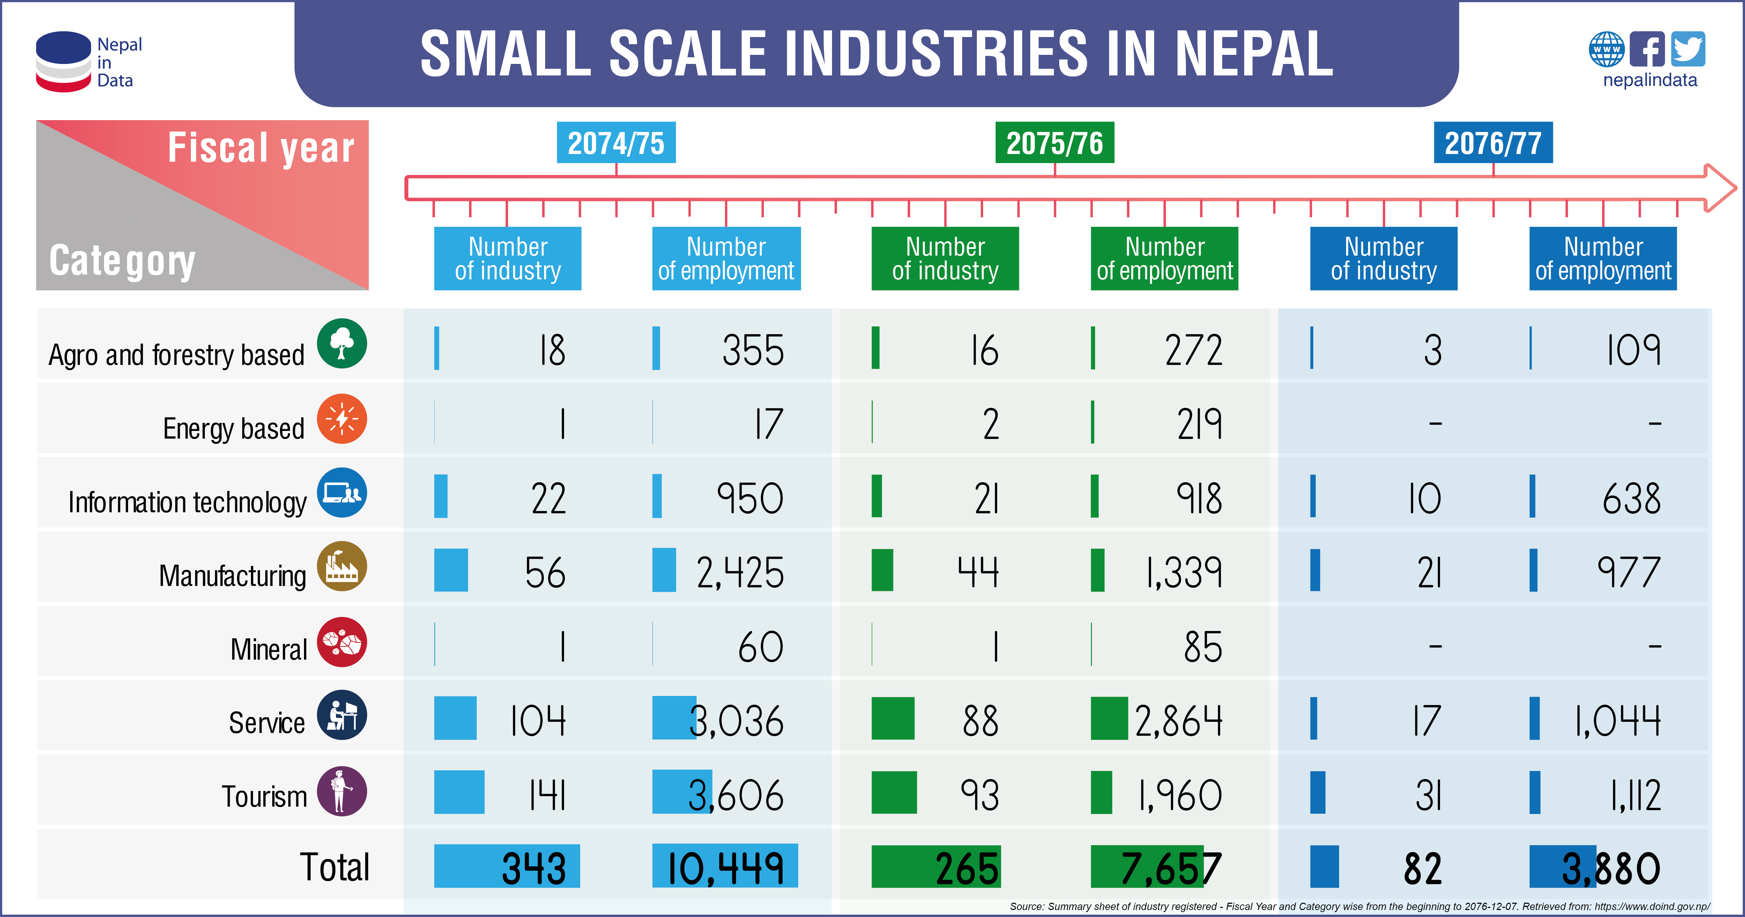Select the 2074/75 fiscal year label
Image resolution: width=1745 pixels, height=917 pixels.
(x=616, y=143)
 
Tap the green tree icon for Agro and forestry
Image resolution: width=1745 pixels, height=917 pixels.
(x=342, y=344)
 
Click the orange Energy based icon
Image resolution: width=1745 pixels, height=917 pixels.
(x=342, y=418)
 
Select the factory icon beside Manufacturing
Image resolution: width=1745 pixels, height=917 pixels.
(x=342, y=566)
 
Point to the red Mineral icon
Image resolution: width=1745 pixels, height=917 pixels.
(x=342, y=641)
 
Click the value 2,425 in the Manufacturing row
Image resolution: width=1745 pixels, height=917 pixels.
(x=740, y=573)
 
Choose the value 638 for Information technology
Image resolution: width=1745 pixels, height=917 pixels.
(x=1631, y=499)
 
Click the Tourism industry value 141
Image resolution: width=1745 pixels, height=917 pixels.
(x=547, y=795)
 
